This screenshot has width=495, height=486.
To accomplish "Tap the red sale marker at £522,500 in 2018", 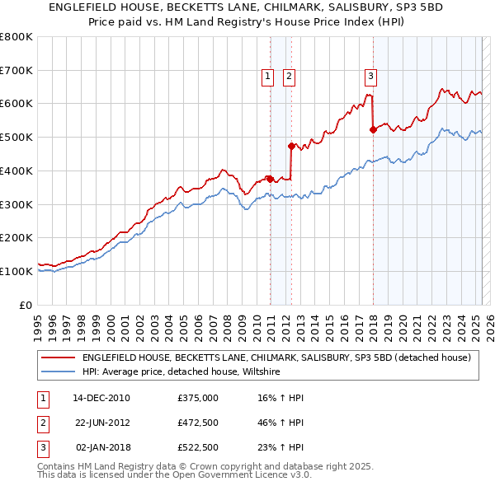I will [x=373, y=129].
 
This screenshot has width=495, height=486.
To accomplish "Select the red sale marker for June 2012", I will [x=291, y=146].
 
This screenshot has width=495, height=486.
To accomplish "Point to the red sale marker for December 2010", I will [x=270, y=179].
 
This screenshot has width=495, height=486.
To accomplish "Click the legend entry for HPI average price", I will [x=181, y=372].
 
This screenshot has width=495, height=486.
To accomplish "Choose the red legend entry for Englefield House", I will [x=276, y=357].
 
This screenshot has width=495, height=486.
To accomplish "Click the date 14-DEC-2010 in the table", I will [x=101, y=398].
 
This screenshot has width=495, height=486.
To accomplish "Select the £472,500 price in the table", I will [x=197, y=423].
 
